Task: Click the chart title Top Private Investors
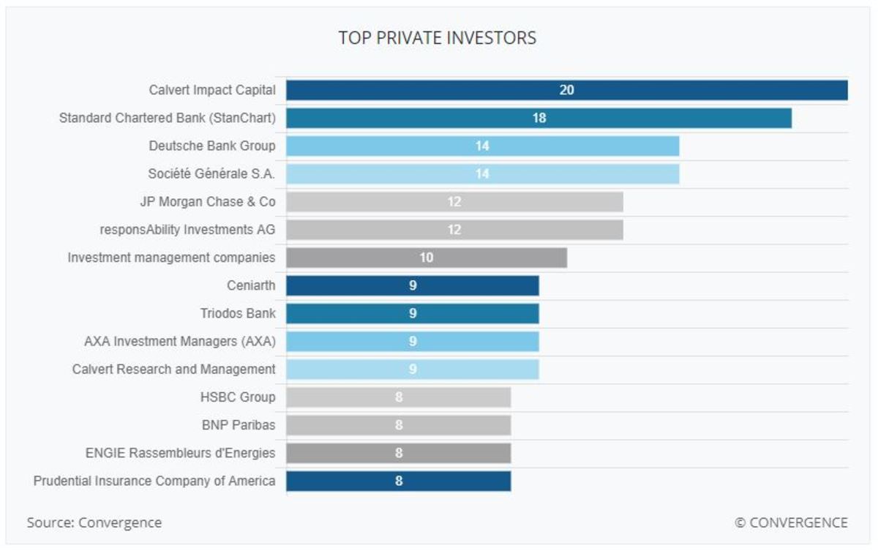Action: [x=437, y=38]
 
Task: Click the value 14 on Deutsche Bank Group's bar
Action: [x=482, y=146]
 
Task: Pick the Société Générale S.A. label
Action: [x=211, y=174]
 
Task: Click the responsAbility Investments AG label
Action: [x=187, y=230]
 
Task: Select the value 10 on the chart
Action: [x=426, y=258]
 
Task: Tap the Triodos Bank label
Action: [x=238, y=313]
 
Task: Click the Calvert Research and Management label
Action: [x=174, y=370]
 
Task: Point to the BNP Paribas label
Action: [x=239, y=425]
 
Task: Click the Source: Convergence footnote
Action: [x=94, y=522]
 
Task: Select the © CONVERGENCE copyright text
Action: [x=791, y=522]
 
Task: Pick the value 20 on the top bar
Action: [x=566, y=90]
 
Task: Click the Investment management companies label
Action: [x=171, y=258]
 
